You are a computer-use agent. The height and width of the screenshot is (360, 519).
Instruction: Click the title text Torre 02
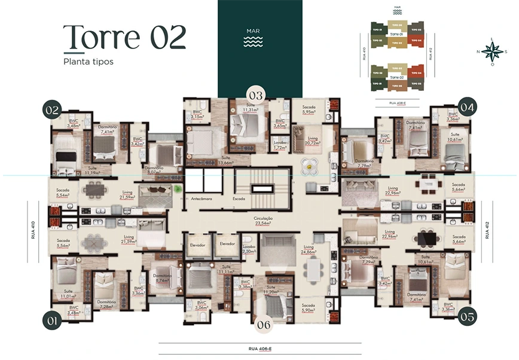coord(124,37)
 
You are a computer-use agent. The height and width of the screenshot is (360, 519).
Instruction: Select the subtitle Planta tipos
coord(88,62)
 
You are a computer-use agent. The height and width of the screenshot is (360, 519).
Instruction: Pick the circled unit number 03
coord(256,95)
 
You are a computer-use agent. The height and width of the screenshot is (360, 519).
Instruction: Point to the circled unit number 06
coord(264,324)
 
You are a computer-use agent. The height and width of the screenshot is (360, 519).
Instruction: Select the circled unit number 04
coord(468,108)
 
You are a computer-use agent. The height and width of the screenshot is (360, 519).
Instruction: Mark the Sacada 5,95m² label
coord(309,109)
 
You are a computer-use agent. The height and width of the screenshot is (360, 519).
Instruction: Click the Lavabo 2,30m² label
coord(249,249)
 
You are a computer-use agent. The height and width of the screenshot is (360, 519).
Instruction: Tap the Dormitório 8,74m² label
coord(161,277)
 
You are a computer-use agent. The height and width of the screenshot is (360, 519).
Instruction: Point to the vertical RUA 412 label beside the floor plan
coord(488,229)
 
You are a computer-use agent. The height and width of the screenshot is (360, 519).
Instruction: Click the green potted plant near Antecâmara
coord(178,189)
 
